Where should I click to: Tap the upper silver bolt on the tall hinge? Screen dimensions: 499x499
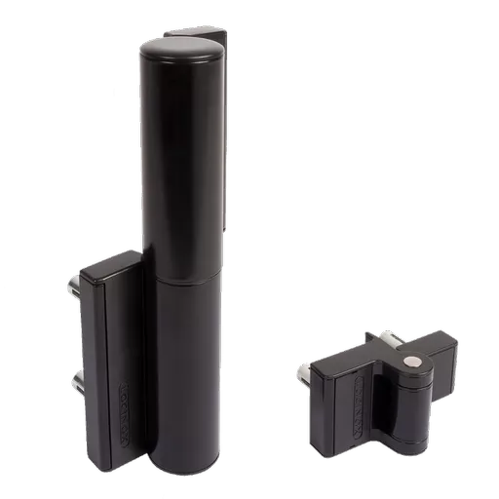74,290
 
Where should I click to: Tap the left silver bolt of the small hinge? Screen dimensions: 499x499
304,371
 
